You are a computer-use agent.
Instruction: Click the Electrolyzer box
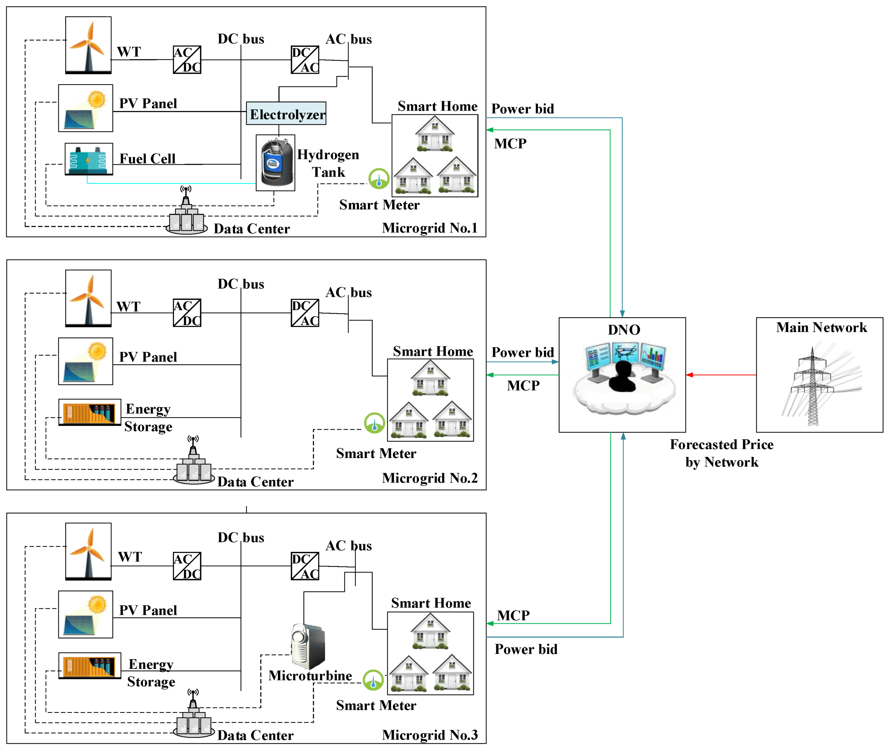click(x=286, y=113)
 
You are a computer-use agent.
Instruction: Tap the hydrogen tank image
click(x=275, y=163)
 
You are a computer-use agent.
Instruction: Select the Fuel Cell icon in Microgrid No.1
click(x=89, y=159)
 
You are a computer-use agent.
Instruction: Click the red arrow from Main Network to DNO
click(x=720, y=375)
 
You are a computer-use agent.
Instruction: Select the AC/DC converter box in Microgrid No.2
click(x=187, y=313)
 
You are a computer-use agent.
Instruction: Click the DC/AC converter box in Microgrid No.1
click(x=305, y=60)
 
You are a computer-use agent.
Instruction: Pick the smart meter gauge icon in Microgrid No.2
click(x=374, y=423)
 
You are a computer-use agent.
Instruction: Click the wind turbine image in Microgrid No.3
click(x=88, y=551)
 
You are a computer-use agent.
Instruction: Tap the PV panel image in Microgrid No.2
click(x=86, y=361)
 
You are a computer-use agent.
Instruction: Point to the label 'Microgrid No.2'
click(x=430, y=478)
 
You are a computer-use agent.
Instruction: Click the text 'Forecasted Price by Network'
click(x=721, y=453)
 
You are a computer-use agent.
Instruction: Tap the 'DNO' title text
click(x=624, y=329)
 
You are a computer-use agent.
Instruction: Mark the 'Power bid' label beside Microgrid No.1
click(x=522, y=109)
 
